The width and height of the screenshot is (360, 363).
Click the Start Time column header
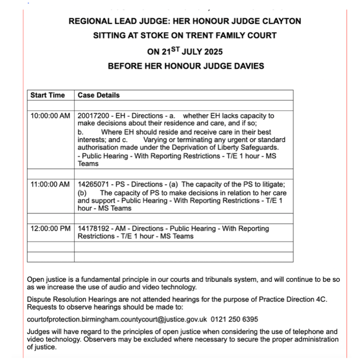[x=48, y=95]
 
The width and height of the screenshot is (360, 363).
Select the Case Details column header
[x=99, y=95]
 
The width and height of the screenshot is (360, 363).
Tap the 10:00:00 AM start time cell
[x=50, y=116]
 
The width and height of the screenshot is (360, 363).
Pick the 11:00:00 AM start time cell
[x=50, y=185]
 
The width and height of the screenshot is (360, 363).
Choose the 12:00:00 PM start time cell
[x=50, y=229]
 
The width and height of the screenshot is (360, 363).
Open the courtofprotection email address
[x=117, y=319]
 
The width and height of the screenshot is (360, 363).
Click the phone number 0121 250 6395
[x=234, y=319]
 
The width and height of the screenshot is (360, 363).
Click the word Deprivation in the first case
[x=192, y=147]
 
